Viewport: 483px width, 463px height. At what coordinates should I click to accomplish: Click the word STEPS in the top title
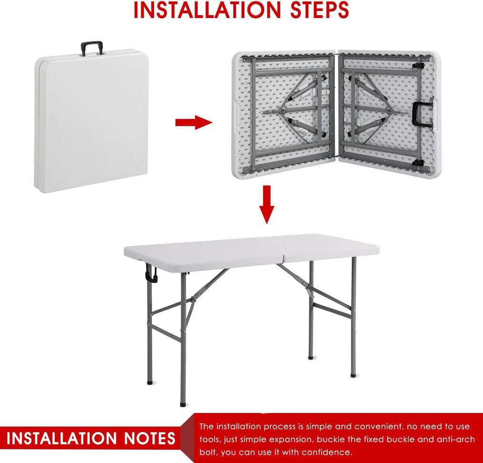(x=314, y=10)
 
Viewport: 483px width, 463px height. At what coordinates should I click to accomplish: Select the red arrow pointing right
(x=193, y=122)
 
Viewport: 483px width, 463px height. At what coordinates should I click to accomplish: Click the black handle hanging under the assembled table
(x=151, y=275)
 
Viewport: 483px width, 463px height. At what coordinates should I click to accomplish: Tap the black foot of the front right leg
(x=353, y=375)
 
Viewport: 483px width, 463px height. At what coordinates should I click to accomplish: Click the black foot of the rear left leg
(x=150, y=381)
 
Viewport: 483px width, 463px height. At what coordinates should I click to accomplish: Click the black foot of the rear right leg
(x=311, y=355)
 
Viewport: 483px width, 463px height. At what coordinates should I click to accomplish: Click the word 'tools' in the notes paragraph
(x=209, y=439)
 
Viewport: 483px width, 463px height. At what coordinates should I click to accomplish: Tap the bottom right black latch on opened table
(x=418, y=163)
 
